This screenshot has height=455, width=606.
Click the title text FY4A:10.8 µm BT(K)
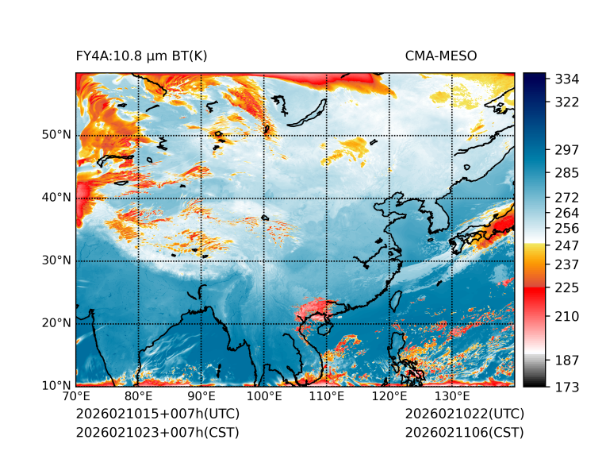(141, 56)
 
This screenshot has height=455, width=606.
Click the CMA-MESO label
(440, 56)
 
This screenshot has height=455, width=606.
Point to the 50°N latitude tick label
(56, 135)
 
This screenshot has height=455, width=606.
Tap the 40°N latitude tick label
(56, 198)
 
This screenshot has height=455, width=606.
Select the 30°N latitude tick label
(56, 260)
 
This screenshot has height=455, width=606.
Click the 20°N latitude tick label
(56, 323)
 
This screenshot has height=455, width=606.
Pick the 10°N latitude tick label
(56, 386)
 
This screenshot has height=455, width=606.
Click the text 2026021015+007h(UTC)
(157, 415)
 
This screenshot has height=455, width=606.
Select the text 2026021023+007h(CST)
(157, 433)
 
